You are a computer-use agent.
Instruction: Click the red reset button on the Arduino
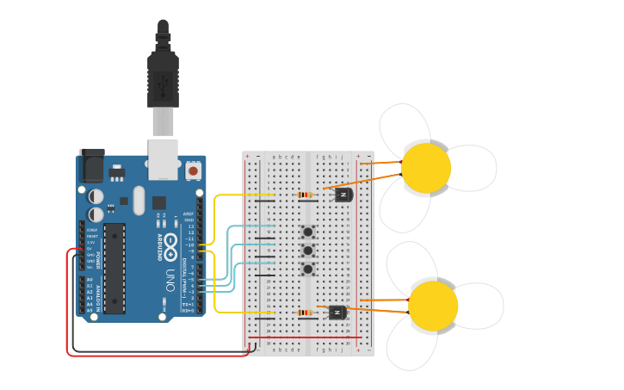(x=193, y=171)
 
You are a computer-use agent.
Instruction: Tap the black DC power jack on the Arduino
(x=91, y=164)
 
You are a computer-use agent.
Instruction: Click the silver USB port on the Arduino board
(x=163, y=159)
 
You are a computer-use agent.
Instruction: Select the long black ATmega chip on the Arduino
(x=114, y=268)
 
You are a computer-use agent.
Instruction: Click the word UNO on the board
(x=170, y=280)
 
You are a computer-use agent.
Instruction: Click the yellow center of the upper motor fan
(x=426, y=168)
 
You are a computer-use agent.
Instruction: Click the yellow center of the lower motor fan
(x=433, y=306)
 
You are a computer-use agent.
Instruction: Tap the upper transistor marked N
(x=343, y=195)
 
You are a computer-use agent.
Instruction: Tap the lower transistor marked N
(x=337, y=312)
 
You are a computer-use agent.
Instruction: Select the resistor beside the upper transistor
(x=306, y=195)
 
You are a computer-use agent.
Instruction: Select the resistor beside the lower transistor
(x=306, y=313)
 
